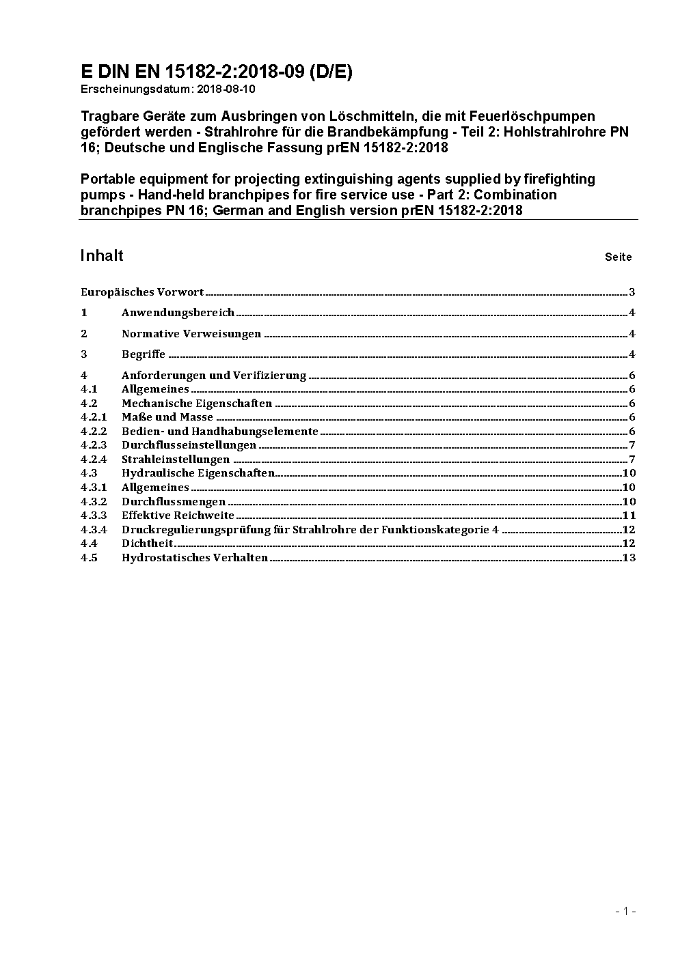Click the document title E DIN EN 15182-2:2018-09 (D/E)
pyautogui.click(x=216, y=72)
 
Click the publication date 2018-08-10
pyautogui.click(x=226, y=89)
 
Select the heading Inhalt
pyautogui.click(x=102, y=255)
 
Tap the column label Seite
pyautogui.click(x=618, y=257)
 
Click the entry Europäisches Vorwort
pyautogui.click(x=142, y=292)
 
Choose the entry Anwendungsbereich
pyautogui.click(x=178, y=313)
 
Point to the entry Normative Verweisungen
pyautogui.click(x=191, y=334)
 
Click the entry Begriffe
pyautogui.click(x=144, y=354)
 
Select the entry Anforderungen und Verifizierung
pyautogui.click(x=214, y=376)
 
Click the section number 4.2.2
pyautogui.click(x=94, y=432)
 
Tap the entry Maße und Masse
pyautogui.click(x=167, y=417)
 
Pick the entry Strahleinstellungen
pyautogui.click(x=176, y=460)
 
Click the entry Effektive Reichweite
pyautogui.click(x=178, y=516)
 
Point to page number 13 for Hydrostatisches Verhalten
pyautogui.click(x=629, y=558)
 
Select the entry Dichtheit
pyautogui.click(x=147, y=544)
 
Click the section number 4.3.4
pyautogui.click(x=94, y=530)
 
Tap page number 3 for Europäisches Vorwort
pyautogui.click(x=632, y=292)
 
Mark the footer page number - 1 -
pyautogui.click(x=625, y=911)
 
